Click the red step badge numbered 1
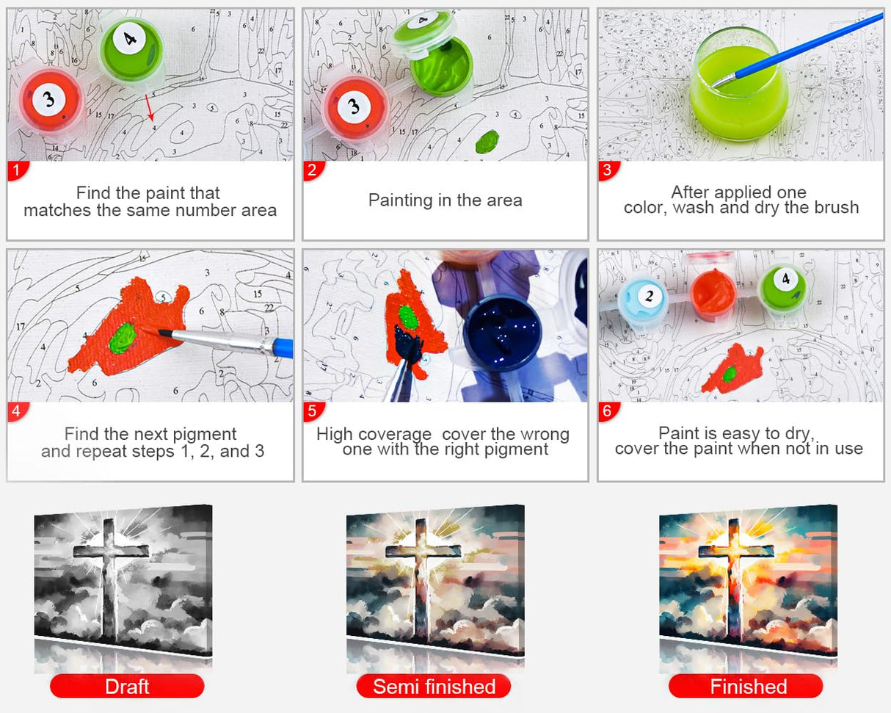[18, 170]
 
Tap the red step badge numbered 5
[313, 411]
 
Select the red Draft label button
[127, 686]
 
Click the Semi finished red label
[434, 686]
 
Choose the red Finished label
[746, 686]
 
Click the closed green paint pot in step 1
[131, 51]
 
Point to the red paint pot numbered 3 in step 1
[50, 101]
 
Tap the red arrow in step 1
[150, 108]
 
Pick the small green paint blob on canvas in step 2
[487, 142]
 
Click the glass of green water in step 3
[738, 84]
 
